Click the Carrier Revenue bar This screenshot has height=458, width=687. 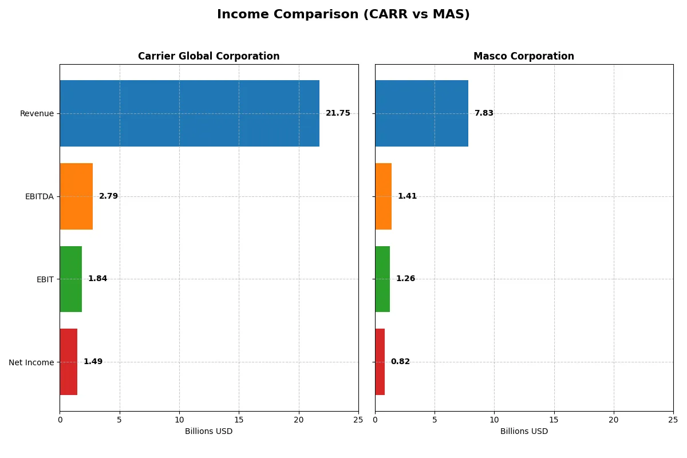point(189,113)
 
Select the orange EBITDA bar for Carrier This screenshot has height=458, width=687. point(76,196)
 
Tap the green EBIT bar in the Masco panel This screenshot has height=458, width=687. point(382,279)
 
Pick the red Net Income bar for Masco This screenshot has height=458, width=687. point(380,362)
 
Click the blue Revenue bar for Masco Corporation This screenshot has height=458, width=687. point(421,113)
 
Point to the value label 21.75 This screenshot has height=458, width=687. point(338,113)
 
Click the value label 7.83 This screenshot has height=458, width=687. point(484,113)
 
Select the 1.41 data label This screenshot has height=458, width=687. point(407,196)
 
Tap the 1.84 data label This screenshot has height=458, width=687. point(97,279)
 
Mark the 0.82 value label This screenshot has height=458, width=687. point(400,362)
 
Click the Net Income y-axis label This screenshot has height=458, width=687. point(31,362)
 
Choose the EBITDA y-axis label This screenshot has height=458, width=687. point(39,197)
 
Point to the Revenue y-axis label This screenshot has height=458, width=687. point(37,114)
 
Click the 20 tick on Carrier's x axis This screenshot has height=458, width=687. point(298,420)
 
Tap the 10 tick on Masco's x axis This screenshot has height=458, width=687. point(494,420)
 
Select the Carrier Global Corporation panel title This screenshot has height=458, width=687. point(208,57)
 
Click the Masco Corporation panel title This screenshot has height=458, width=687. point(523,57)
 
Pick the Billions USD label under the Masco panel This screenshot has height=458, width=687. point(524,432)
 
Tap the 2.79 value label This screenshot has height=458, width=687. point(108,196)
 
